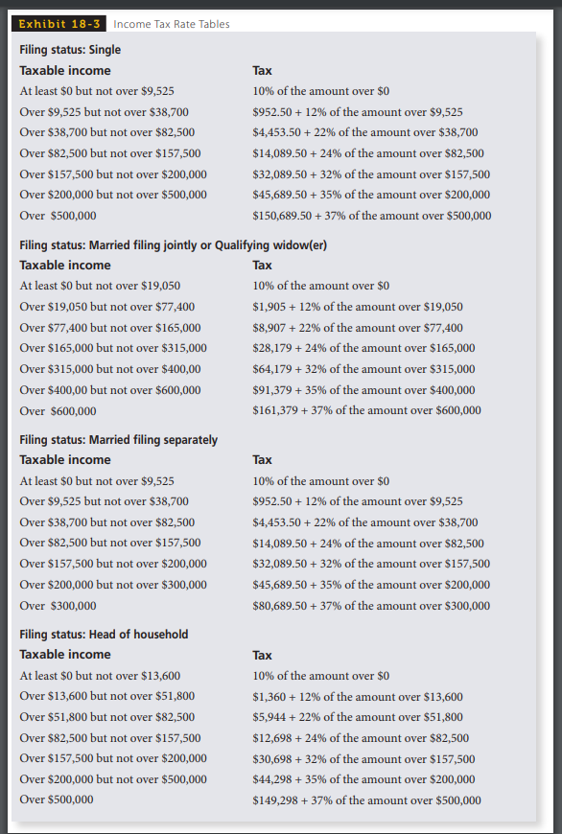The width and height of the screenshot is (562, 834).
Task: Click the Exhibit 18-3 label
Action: pos(59,24)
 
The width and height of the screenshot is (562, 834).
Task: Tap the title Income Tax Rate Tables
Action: pos(172,24)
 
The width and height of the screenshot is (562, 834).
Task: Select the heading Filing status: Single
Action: pos(70,50)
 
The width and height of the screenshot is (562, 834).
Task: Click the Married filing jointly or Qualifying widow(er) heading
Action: pos(174,244)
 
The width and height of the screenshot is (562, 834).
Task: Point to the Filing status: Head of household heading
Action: pos(104,634)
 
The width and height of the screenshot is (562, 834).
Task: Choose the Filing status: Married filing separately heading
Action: pos(118,439)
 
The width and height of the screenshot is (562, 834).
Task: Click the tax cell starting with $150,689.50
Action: pos(371,216)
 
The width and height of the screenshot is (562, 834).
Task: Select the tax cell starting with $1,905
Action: pos(357,307)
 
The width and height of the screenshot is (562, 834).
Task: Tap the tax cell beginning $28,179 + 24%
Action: pos(363,348)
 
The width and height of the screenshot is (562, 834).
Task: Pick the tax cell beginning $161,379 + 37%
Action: pos(366,410)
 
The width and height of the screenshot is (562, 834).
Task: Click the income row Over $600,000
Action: pos(58,410)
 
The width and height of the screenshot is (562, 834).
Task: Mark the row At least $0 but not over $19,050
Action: pos(100,286)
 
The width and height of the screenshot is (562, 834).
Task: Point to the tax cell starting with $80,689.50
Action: pos(370,605)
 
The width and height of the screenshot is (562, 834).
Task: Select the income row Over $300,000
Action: pos(58,605)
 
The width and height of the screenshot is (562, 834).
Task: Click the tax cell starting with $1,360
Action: pos(357,697)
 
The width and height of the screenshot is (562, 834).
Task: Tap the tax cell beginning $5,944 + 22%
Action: pos(357,717)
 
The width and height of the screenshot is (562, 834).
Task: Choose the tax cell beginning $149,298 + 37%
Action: pos(366,800)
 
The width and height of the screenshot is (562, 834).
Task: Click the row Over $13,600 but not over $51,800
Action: pos(106,697)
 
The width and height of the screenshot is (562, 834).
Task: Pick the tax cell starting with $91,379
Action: pos(363,389)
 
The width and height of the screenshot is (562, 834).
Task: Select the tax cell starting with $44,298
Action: pos(363,779)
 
